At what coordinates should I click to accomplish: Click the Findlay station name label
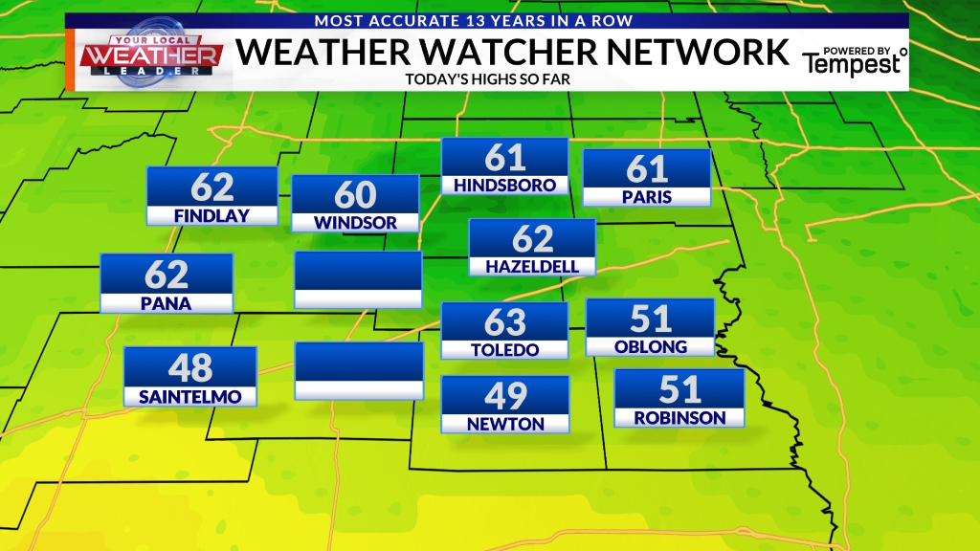pyautogui.click(x=212, y=216)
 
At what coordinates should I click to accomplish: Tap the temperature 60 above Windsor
pyautogui.click(x=355, y=195)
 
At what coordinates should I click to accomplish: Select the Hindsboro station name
pyautogui.click(x=504, y=185)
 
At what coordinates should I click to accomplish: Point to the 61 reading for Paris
pyautogui.click(x=647, y=168)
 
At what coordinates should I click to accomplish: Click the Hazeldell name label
pyautogui.click(x=532, y=266)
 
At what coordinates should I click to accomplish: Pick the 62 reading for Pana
pyautogui.click(x=167, y=275)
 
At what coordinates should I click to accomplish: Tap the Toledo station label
pyautogui.click(x=505, y=350)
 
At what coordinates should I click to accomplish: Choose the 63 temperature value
pyautogui.click(x=505, y=322)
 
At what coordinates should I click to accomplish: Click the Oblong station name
pyautogui.click(x=650, y=346)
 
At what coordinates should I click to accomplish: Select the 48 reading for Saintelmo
pyautogui.click(x=190, y=367)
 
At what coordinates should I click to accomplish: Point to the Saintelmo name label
pyautogui.click(x=190, y=396)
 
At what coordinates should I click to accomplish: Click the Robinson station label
pyautogui.click(x=679, y=418)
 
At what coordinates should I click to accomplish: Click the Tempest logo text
pyautogui.click(x=852, y=65)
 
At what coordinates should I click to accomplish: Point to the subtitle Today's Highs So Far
pyautogui.click(x=488, y=78)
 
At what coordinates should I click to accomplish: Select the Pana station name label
pyautogui.click(x=167, y=304)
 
